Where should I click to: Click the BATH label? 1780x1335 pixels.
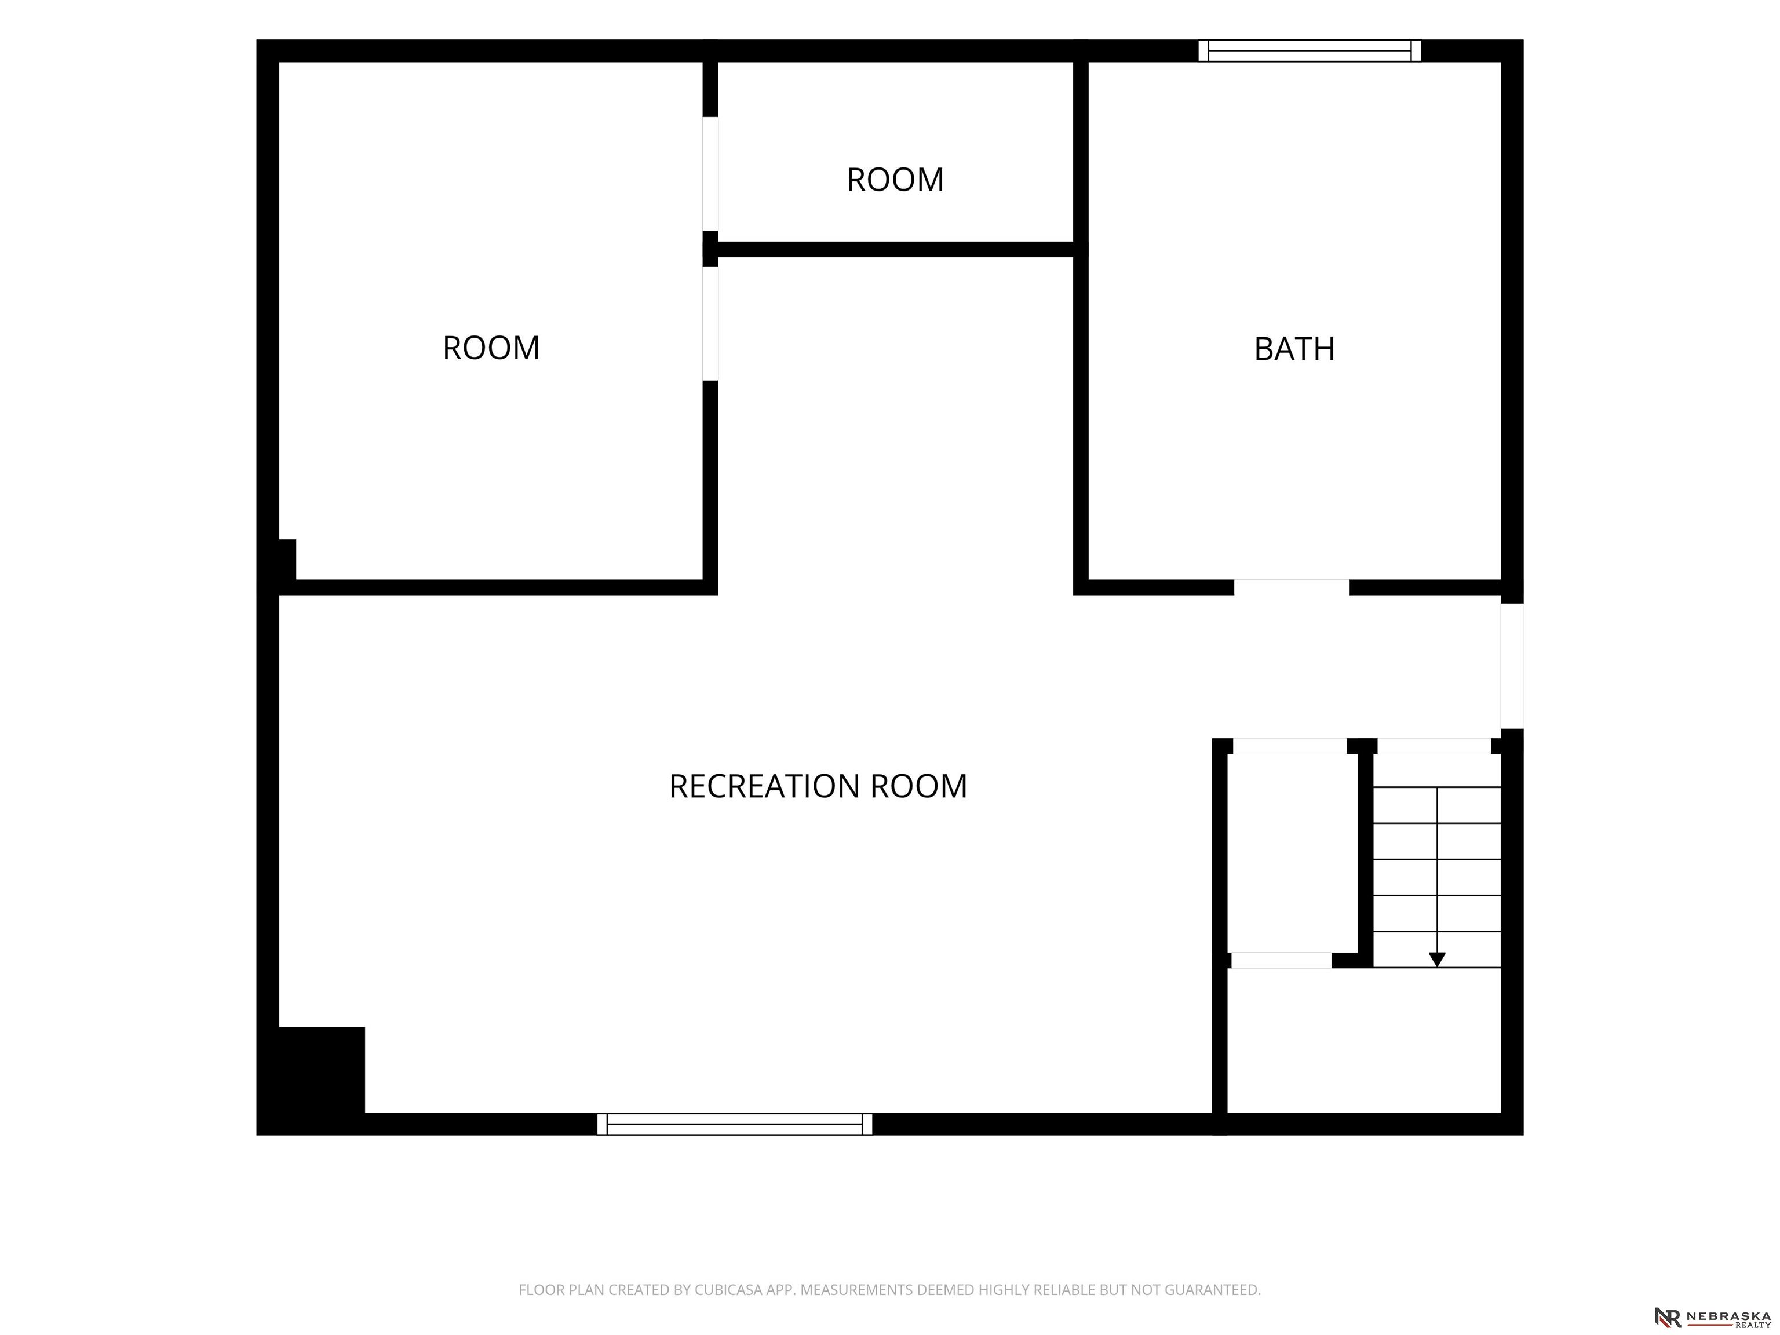[1294, 348]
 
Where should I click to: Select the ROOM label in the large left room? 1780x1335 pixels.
[491, 348]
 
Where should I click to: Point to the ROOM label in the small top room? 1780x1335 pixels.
[895, 180]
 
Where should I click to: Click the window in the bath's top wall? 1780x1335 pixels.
[1310, 50]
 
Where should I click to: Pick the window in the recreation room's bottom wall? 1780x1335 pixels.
[734, 1124]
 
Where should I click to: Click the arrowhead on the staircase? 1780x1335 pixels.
[1436, 959]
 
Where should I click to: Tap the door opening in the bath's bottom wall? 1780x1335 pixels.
[1292, 588]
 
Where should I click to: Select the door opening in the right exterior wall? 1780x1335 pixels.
[1512, 666]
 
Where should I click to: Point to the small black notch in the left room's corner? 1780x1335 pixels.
[287, 559]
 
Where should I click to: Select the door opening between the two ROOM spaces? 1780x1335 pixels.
[710, 174]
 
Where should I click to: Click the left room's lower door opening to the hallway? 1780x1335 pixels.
[710, 323]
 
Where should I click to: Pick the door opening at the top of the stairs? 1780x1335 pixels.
[1434, 746]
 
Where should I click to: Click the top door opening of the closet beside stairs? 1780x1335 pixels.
[1289, 746]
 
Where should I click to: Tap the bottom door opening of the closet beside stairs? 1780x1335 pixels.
[1281, 960]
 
